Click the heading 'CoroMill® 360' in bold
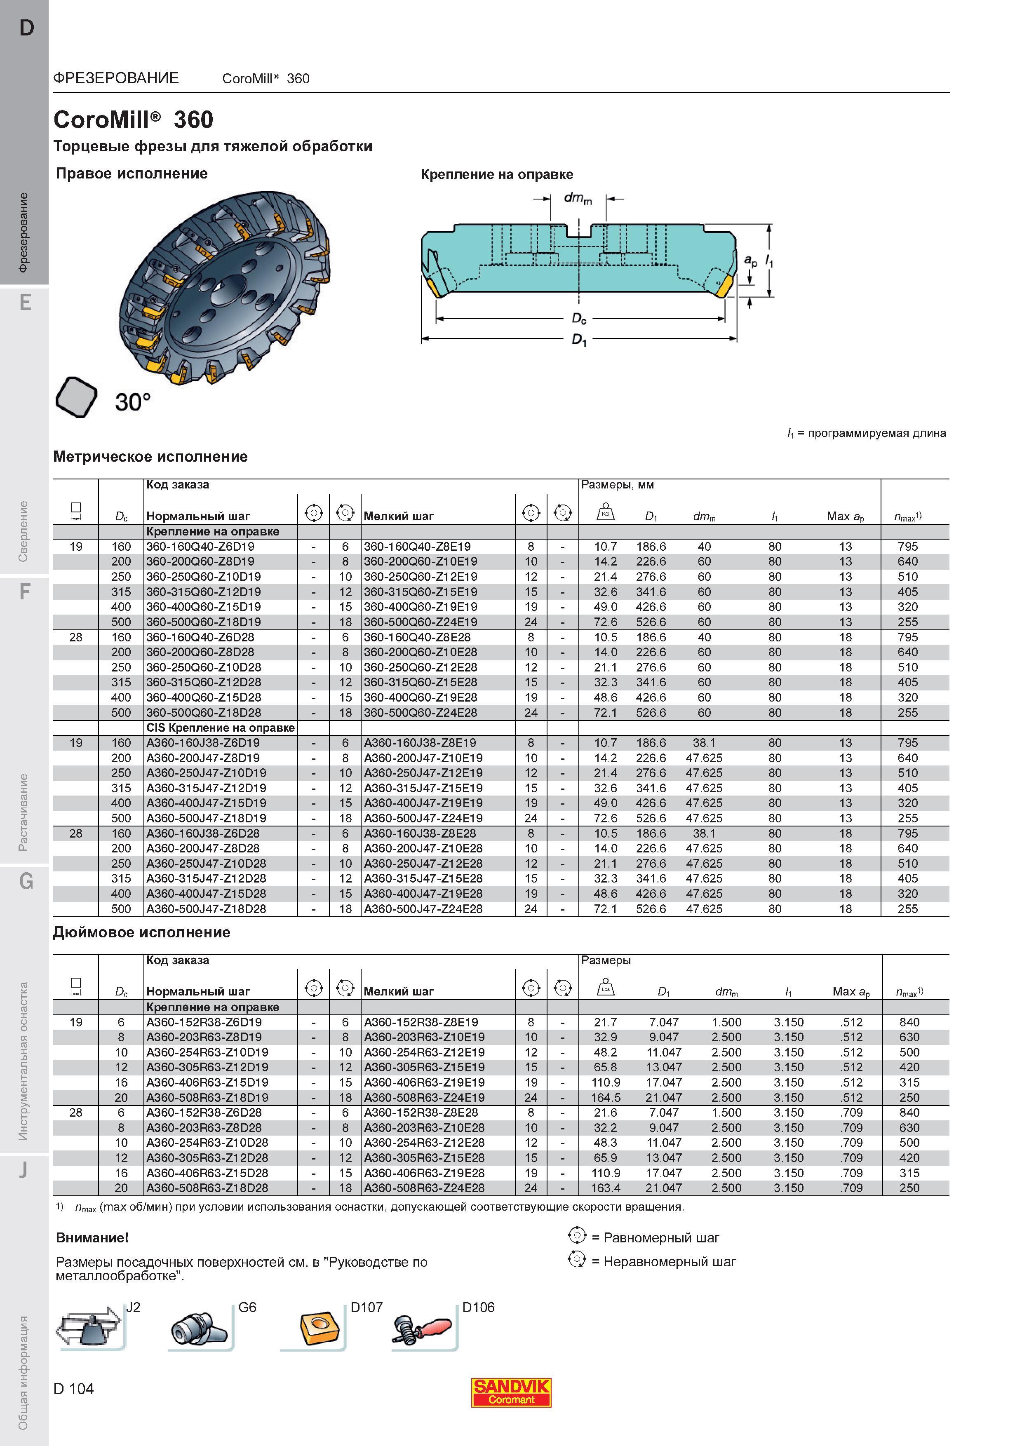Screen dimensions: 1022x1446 [134, 120]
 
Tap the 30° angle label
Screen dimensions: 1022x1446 [133, 402]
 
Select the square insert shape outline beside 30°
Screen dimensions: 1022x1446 [76, 397]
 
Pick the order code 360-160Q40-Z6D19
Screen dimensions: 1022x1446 [200, 547]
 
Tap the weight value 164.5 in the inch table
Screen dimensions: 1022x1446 [606, 1098]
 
